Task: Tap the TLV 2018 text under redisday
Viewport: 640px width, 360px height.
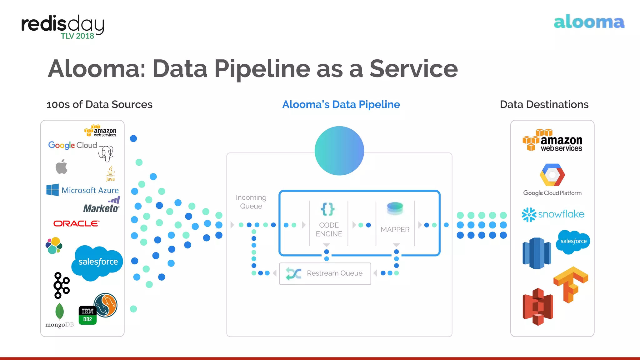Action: (77, 36)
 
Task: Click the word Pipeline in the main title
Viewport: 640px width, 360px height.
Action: (262, 69)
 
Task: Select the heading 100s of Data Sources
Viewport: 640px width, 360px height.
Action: (99, 104)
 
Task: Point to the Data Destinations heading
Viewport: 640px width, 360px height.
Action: (544, 104)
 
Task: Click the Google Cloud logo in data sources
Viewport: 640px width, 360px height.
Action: (72, 145)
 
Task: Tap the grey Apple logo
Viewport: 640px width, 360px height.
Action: (62, 166)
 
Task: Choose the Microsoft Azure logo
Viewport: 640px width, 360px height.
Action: (82, 190)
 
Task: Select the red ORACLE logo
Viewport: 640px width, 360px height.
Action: (76, 223)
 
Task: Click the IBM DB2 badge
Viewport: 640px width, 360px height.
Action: (87, 315)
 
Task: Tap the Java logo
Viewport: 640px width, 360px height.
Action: (111, 173)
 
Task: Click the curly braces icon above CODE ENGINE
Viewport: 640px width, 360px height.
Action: (327, 209)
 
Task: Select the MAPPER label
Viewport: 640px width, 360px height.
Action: (395, 230)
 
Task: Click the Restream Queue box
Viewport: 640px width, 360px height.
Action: (325, 273)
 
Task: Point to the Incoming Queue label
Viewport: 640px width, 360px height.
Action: (251, 202)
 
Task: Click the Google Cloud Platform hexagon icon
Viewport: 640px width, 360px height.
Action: (552, 175)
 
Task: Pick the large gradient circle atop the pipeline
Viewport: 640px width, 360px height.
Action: (339, 151)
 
